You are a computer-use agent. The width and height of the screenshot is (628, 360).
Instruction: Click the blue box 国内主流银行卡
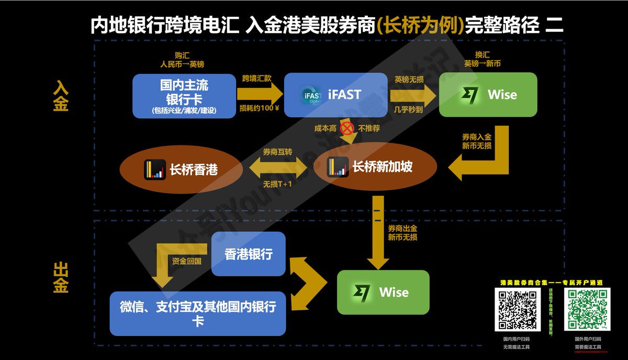pyautogui.click(x=184, y=96)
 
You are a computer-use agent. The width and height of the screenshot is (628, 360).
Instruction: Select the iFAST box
pyautogui.click(x=332, y=95)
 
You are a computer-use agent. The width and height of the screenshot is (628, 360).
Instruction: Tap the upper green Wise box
pyautogui.click(x=487, y=95)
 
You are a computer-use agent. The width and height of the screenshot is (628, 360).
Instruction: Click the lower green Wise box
pyautogui.click(x=383, y=292)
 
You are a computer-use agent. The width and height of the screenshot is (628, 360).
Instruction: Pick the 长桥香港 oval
pyautogui.click(x=181, y=169)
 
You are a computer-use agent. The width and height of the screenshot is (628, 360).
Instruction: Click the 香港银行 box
pyautogui.click(x=249, y=254)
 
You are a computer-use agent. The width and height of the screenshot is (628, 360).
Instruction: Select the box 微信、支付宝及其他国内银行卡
pyautogui.click(x=198, y=313)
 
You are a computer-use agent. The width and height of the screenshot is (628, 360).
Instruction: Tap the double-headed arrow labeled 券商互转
pyautogui.click(x=277, y=168)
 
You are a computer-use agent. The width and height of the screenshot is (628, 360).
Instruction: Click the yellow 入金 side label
pyautogui.click(x=61, y=96)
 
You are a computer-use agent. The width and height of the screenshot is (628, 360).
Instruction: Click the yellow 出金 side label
pyautogui.click(x=61, y=277)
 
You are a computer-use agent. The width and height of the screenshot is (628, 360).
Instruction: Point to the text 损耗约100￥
pyautogui.click(x=259, y=109)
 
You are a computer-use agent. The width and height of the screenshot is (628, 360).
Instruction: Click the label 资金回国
pyautogui.click(x=186, y=261)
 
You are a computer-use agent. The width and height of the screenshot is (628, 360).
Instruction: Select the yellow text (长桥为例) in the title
pyautogui.click(x=420, y=25)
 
